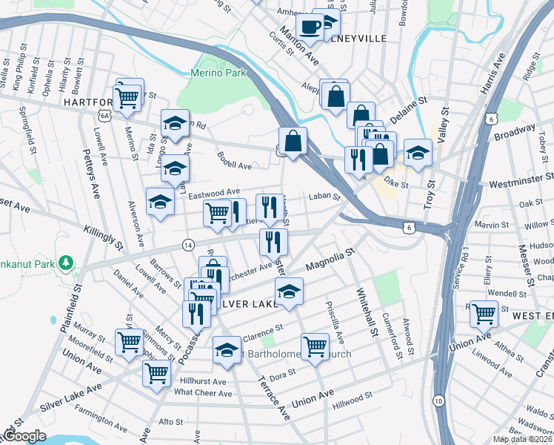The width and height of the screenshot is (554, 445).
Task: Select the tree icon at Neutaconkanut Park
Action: point(66,263)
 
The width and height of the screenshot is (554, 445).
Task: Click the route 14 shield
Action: point(188,244)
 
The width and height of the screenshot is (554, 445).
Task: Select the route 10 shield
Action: point(439,401)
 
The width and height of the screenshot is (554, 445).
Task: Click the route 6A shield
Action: point(105,116)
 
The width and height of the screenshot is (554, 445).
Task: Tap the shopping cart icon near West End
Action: point(484,314)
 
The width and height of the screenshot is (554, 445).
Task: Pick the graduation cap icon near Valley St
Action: point(418,153)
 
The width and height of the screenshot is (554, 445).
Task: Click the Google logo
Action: point(24,436)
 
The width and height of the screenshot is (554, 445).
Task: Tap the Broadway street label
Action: point(514,135)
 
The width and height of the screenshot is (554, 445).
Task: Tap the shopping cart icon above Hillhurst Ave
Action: point(156,372)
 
